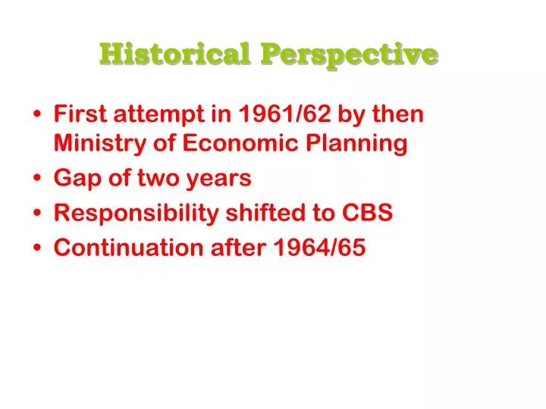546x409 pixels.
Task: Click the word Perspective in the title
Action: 350,55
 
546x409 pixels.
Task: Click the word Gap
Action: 74,179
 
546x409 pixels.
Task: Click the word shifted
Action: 252,214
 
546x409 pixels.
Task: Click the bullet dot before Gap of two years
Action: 39,180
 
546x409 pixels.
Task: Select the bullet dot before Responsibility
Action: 39,214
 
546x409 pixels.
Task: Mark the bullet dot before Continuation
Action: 39,249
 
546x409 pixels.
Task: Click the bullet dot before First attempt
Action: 39,115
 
